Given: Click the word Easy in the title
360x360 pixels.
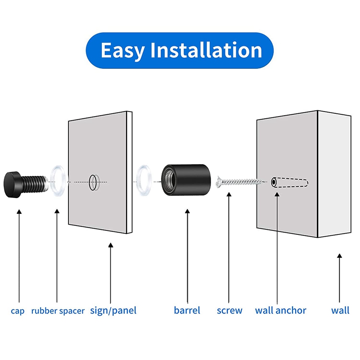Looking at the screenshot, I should point(121,50).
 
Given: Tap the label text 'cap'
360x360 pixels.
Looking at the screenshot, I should point(18,310).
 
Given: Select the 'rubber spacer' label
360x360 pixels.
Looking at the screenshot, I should point(58,310).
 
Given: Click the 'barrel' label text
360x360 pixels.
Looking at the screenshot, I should point(187,310).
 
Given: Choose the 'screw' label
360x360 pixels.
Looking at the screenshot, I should point(229,310).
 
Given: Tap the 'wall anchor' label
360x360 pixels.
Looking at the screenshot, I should point(281,310).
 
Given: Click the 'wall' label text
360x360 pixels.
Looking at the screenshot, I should point(341,310).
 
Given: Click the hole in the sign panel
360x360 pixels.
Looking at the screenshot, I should point(93,182).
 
